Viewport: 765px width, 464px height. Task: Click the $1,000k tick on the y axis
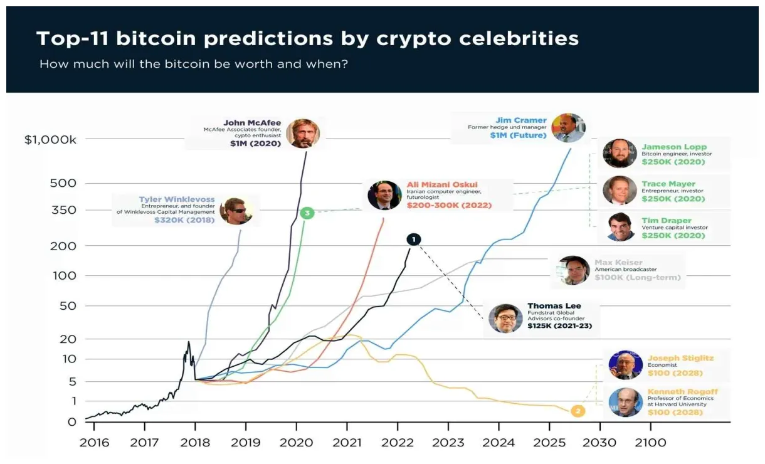50,139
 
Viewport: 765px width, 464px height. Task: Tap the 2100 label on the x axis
650,443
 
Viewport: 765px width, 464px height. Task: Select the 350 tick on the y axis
63,210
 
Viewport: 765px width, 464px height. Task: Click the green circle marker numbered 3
307,213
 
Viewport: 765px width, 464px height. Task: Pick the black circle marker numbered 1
414,239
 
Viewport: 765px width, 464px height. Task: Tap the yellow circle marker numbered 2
578,411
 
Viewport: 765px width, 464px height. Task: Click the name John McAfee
252,122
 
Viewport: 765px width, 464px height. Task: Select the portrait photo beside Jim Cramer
568,128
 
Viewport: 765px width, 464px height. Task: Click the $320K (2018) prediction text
184,220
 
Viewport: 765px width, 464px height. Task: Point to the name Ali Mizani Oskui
442,184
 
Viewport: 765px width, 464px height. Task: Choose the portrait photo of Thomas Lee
505,318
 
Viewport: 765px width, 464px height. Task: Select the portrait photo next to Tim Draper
619,227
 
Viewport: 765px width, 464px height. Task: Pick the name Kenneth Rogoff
682,392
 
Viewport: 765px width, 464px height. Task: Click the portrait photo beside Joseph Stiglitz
625,365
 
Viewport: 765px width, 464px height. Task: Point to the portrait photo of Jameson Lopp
619,154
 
